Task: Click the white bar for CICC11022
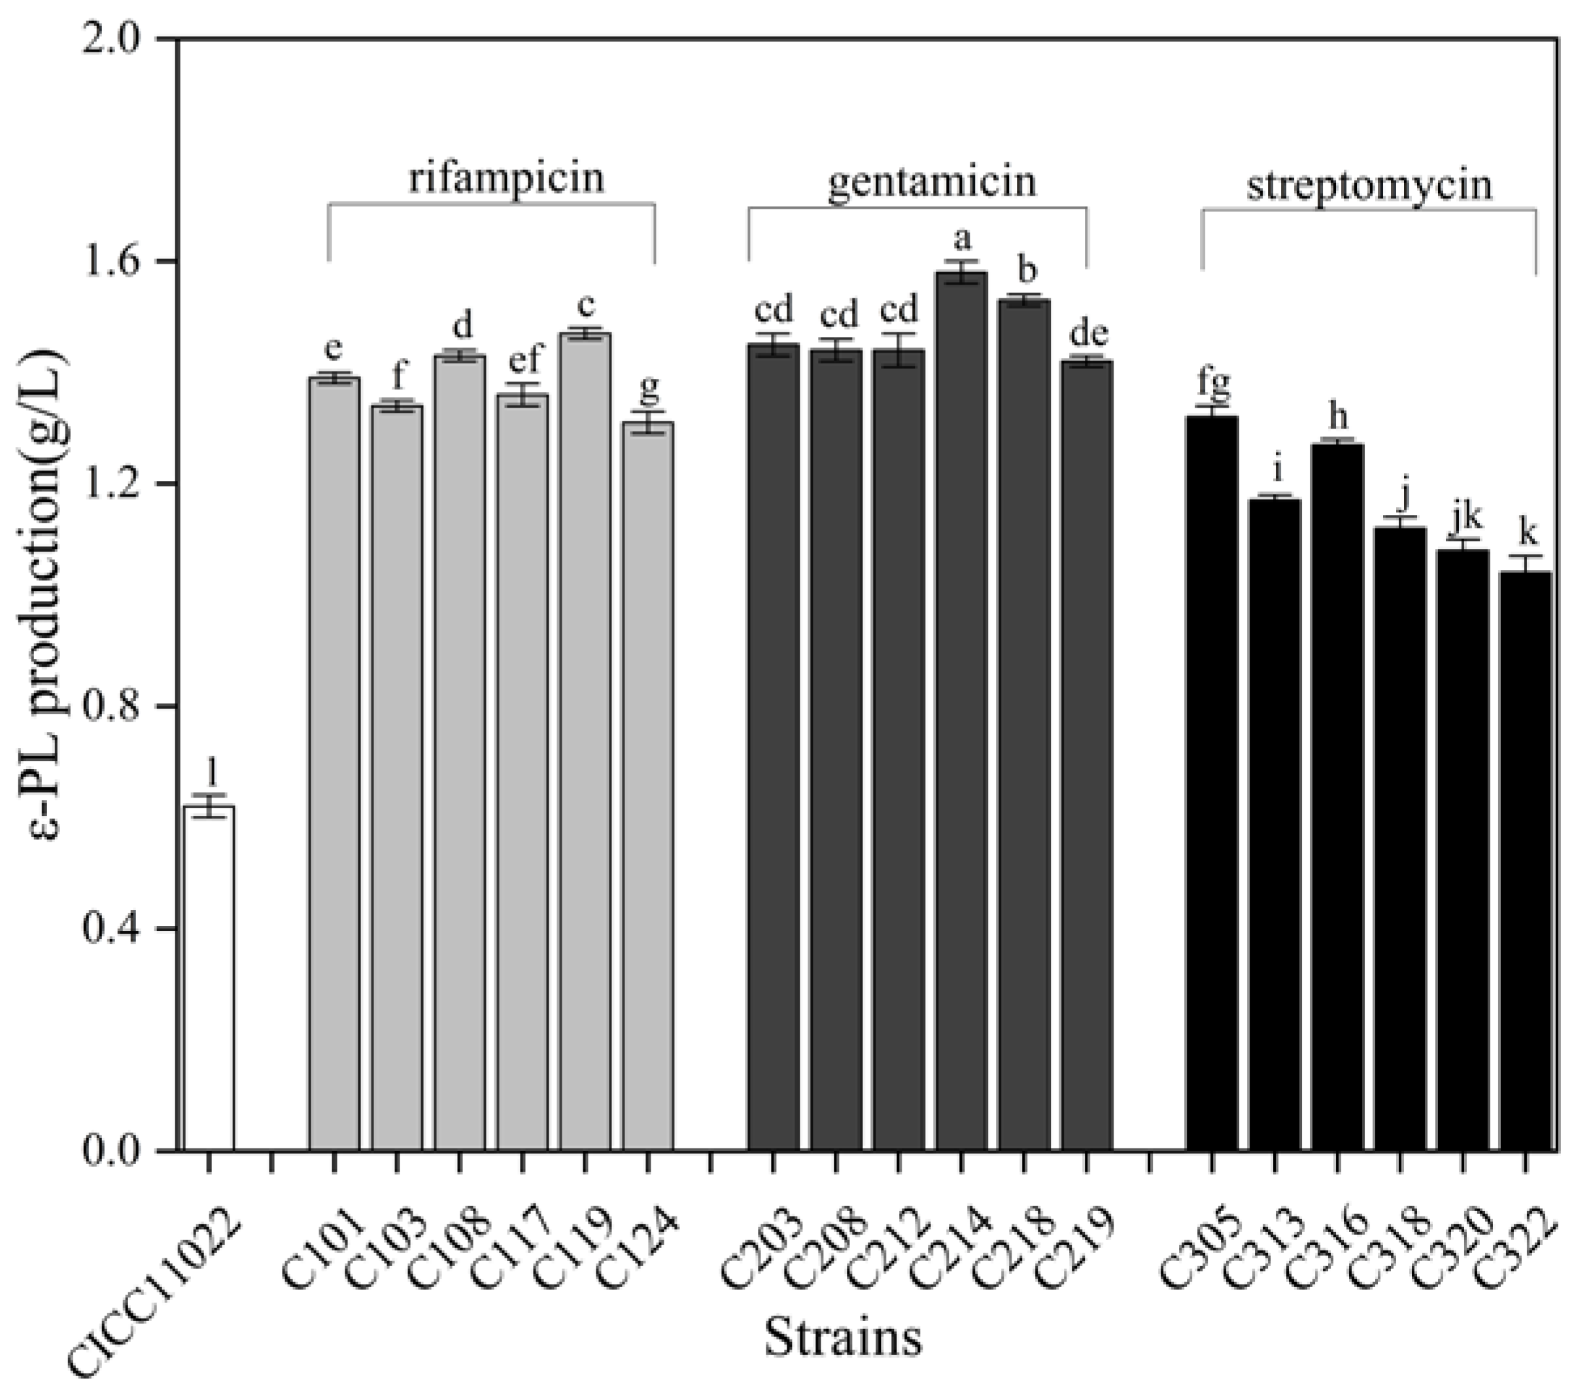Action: pos(209,978)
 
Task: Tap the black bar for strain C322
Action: pos(1526,860)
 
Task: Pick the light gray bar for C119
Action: pos(585,740)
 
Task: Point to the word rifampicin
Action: pos(507,177)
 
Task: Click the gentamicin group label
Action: pos(932,182)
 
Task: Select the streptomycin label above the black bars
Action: pos(1369,186)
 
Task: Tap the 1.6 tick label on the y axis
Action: pos(124,261)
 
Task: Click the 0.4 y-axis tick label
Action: pos(124,928)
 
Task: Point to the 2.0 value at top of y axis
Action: pos(124,39)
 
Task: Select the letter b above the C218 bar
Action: pos(1027,271)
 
